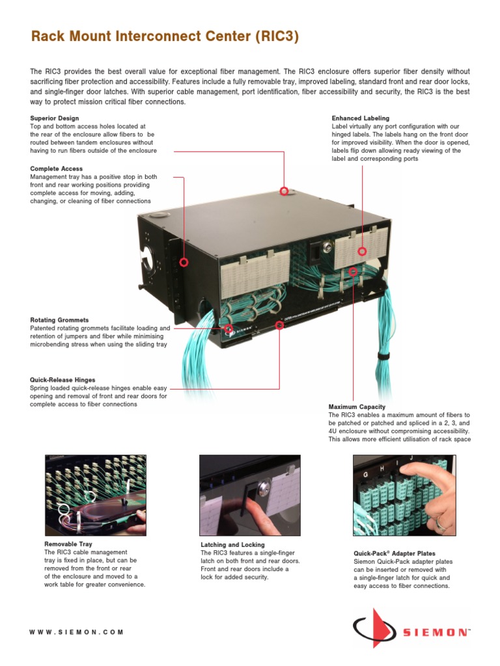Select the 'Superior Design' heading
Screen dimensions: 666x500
[x=55, y=118]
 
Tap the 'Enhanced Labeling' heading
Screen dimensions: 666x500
[x=360, y=118]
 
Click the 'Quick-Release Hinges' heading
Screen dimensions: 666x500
[x=62, y=380]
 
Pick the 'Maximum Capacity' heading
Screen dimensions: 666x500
[x=357, y=407]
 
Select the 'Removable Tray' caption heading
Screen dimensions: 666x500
[x=68, y=544]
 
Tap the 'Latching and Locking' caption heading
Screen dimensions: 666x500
[x=232, y=544]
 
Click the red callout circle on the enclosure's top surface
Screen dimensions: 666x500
[x=284, y=191]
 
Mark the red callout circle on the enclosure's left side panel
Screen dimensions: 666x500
[x=184, y=263]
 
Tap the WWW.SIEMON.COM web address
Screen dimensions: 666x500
[x=76, y=632]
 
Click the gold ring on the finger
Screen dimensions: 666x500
[x=442, y=520]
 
